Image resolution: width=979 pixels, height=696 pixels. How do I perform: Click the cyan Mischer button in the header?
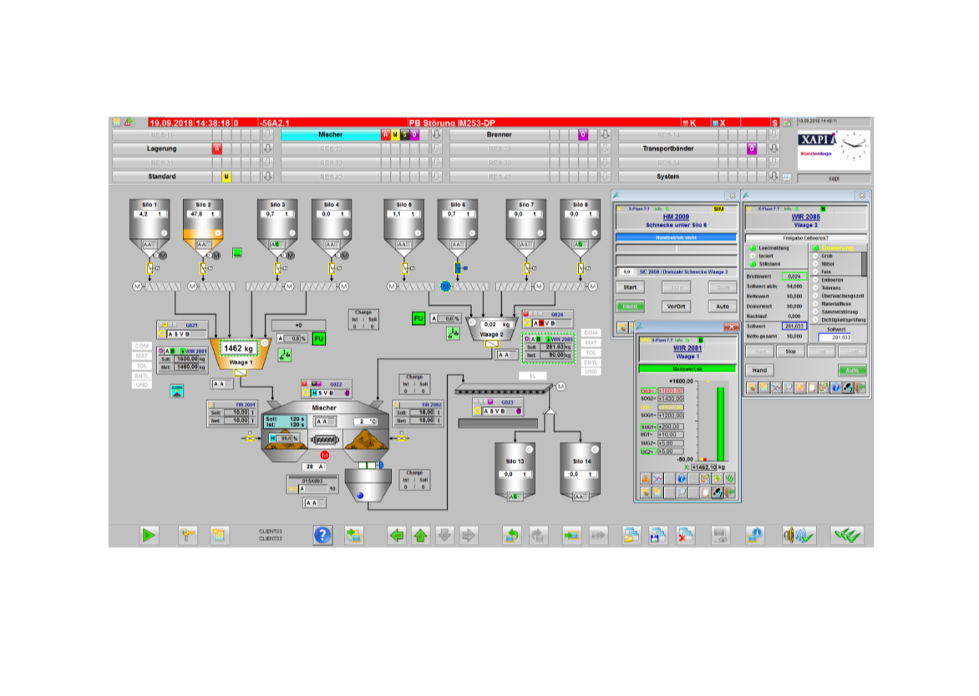click(330, 135)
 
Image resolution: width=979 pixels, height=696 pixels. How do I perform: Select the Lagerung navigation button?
click(161, 149)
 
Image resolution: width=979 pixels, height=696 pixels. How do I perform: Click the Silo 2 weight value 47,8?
click(196, 214)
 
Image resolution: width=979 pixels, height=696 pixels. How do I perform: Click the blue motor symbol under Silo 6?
click(445, 287)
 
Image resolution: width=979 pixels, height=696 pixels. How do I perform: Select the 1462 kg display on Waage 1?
click(238, 348)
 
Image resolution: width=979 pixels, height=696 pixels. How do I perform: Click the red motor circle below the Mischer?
click(325, 455)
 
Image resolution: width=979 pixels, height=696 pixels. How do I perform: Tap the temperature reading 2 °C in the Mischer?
click(368, 421)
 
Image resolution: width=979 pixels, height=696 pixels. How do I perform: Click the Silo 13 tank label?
click(515, 461)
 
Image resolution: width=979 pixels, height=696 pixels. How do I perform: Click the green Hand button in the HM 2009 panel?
click(629, 307)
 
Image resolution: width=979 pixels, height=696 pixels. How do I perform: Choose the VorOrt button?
click(676, 307)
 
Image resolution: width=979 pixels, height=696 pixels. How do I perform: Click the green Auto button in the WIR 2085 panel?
click(853, 370)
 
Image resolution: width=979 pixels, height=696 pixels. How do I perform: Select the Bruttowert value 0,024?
click(794, 276)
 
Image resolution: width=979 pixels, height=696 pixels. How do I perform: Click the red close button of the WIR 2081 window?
click(728, 328)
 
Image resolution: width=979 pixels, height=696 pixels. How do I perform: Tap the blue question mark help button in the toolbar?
click(322, 536)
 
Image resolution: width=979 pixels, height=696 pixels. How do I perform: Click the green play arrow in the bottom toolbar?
click(150, 536)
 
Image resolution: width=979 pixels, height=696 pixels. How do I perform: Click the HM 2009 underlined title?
click(675, 217)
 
